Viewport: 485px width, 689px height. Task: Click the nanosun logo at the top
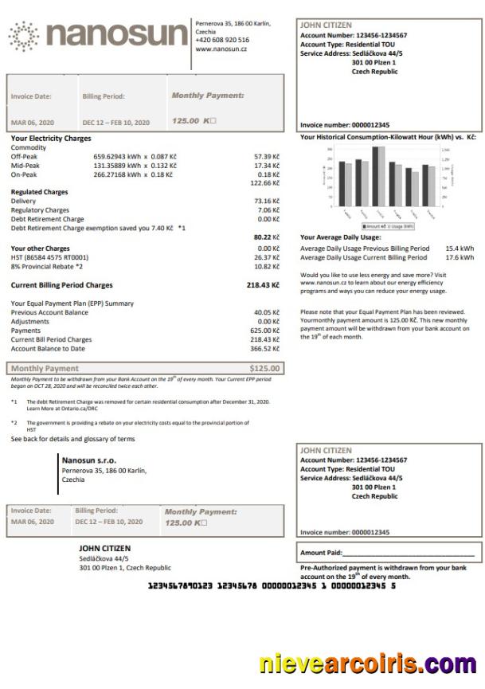pos(99,36)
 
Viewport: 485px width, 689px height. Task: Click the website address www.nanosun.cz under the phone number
pos(221,49)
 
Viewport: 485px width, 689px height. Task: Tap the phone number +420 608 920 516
pos(222,40)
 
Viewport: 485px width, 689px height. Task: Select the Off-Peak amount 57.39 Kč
pos(266,156)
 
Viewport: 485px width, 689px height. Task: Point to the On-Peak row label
pos(24,174)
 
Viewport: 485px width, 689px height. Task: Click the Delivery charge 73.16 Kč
pos(266,201)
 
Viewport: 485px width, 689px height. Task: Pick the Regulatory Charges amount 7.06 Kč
pos(268,210)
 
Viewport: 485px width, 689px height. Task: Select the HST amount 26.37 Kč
pos(266,257)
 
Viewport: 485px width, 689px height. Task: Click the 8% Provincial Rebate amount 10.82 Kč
pos(266,266)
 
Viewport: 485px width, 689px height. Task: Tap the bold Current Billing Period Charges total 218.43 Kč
pos(263,284)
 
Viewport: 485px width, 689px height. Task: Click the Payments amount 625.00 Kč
pos(264,330)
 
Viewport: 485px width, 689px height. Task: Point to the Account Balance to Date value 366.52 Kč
pos(264,348)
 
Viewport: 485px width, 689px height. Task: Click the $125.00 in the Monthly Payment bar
pos(264,368)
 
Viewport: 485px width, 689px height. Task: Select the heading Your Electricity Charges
pos(51,138)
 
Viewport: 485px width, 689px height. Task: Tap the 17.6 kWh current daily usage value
pos(460,257)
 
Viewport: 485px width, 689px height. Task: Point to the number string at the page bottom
pos(271,585)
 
